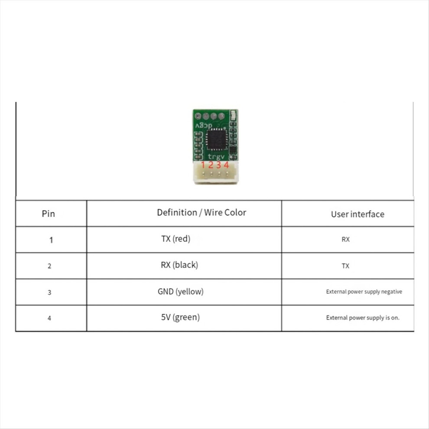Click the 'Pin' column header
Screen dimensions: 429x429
coord(49,214)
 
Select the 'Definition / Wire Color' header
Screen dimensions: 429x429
coord(201,213)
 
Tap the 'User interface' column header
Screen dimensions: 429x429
coord(357,214)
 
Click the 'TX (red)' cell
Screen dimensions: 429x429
coord(175,239)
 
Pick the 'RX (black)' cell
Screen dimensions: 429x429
coord(179,265)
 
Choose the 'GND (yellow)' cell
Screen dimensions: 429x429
coord(181,291)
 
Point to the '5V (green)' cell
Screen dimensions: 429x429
coord(181,317)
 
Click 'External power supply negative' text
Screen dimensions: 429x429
coord(364,292)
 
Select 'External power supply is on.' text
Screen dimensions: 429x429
coord(363,318)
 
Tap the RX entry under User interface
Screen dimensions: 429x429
coord(345,239)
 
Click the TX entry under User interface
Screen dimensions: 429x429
coord(345,266)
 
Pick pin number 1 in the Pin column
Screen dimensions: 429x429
coord(51,240)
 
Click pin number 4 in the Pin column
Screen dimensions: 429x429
coord(49,318)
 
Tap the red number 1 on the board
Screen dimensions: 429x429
coord(203,165)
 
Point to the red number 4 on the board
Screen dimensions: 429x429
coord(226,165)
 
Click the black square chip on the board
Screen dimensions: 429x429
coord(217,140)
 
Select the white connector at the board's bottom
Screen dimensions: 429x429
coord(216,172)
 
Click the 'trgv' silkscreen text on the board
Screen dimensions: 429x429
coord(216,157)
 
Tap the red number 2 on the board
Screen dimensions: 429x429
coord(211,165)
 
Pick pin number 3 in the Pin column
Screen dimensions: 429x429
coord(49,292)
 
